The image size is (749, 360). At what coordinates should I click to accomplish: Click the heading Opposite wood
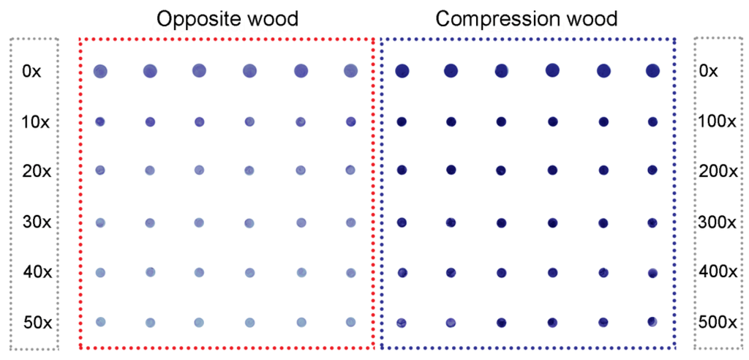pyautogui.click(x=227, y=18)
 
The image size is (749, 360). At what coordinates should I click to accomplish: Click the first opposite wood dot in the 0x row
pyautogui.click(x=100, y=71)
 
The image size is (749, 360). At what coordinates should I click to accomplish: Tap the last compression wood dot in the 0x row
pyautogui.click(x=652, y=70)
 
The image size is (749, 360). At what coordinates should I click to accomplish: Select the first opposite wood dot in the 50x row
pyautogui.click(x=101, y=321)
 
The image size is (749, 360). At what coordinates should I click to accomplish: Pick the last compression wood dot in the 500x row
pyautogui.click(x=652, y=321)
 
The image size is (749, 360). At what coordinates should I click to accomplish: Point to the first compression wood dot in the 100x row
pyautogui.click(x=401, y=121)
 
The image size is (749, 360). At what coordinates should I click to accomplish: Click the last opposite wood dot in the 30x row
pyautogui.click(x=350, y=222)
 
